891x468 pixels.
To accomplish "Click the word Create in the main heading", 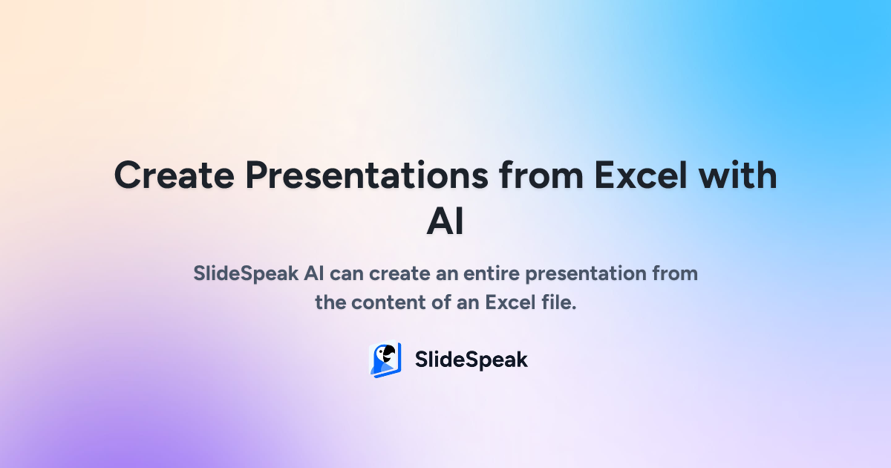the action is [x=174, y=175].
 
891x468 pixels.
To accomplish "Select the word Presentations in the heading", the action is [x=367, y=175].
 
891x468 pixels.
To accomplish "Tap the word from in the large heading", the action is [x=541, y=175].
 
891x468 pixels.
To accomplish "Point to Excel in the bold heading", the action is [x=640, y=175].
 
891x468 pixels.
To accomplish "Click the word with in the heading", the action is [x=738, y=175].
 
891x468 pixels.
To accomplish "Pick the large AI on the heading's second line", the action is [x=446, y=221].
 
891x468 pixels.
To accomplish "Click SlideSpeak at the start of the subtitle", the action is [x=246, y=274].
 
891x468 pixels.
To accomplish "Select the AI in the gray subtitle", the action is [x=314, y=273].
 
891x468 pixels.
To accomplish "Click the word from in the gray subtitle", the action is [x=675, y=273].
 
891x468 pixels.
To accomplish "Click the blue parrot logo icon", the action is [x=385, y=360].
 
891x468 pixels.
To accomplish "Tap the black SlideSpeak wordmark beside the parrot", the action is [x=471, y=360].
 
